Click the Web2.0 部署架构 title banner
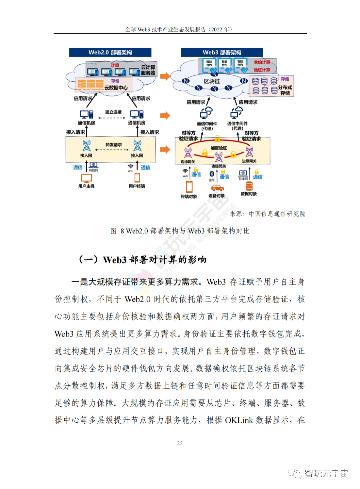[x=110, y=52]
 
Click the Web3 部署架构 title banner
[x=222, y=52]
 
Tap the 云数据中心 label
[x=116, y=88]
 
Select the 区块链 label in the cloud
[x=212, y=81]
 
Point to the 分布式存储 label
[x=285, y=90]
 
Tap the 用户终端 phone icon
[x=137, y=178]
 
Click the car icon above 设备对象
[x=217, y=188]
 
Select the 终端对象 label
[x=189, y=197]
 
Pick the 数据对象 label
[x=249, y=194]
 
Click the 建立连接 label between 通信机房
[x=113, y=112]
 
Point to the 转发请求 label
[x=113, y=145]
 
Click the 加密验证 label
[x=219, y=148]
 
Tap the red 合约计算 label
[x=262, y=62]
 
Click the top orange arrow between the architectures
[x=165, y=76]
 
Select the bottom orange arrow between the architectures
[x=165, y=149]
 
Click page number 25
[x=180, y=443]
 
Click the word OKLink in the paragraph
[x=239, y=420]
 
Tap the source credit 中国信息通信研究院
[x=277, y=214]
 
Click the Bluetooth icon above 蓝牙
[x=211, y=174]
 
